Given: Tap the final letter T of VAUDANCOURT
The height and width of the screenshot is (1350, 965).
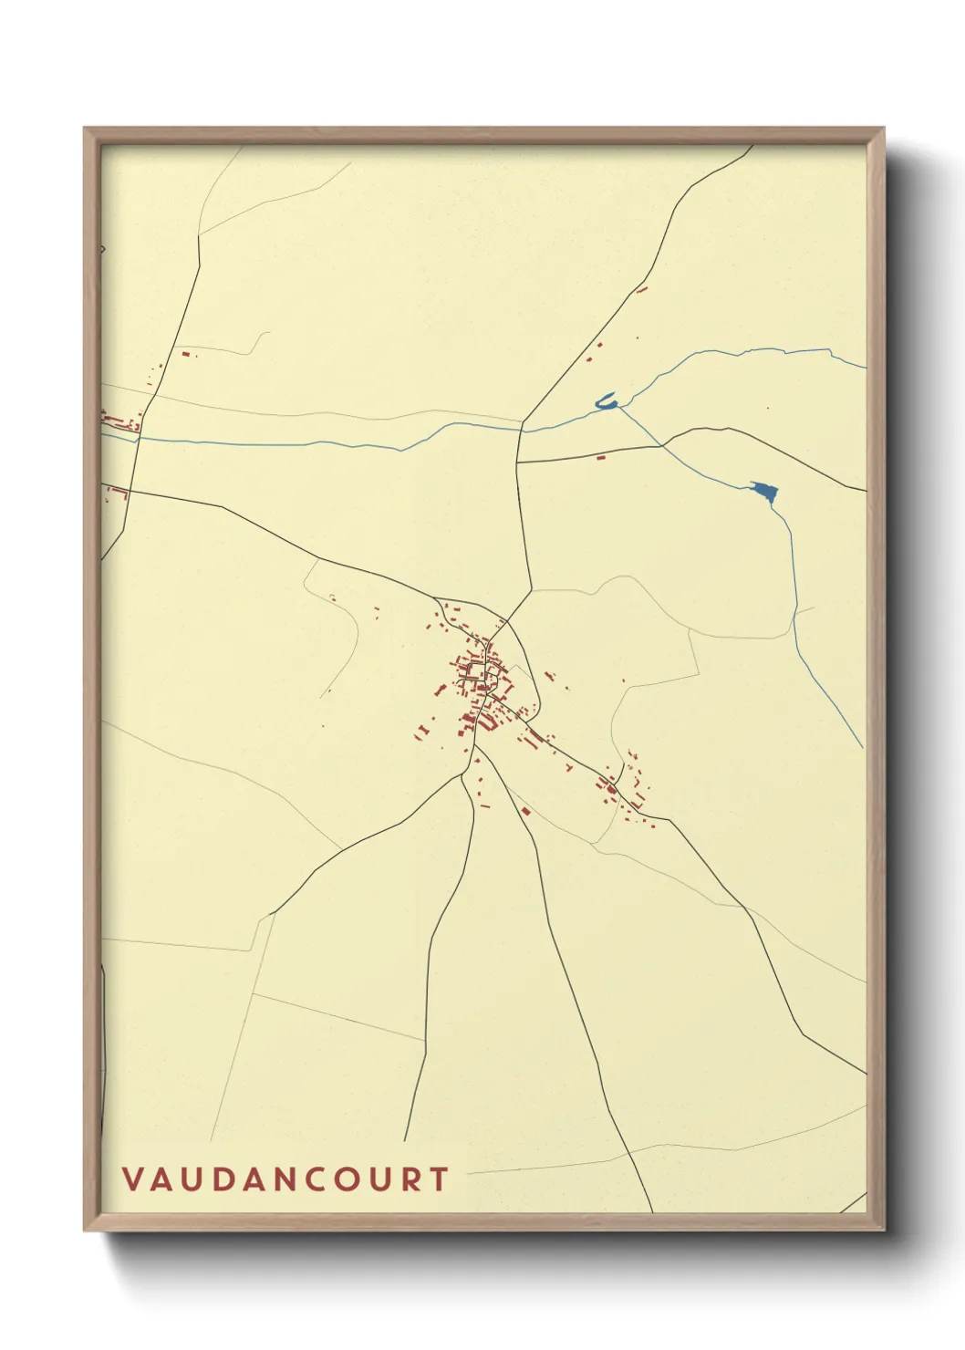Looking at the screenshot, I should (441, 1179).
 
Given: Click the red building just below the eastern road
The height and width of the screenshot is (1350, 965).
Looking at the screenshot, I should (600, 456).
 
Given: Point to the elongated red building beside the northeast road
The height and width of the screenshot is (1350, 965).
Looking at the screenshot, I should (641, 290).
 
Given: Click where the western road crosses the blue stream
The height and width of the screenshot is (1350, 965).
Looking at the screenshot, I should (138, 439).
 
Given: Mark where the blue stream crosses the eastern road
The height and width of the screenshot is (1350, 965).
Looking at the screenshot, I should (660, 445).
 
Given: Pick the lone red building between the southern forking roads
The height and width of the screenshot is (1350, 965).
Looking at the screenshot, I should (525, 810).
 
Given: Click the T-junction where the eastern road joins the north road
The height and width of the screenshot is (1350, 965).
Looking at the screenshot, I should (518, 462).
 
